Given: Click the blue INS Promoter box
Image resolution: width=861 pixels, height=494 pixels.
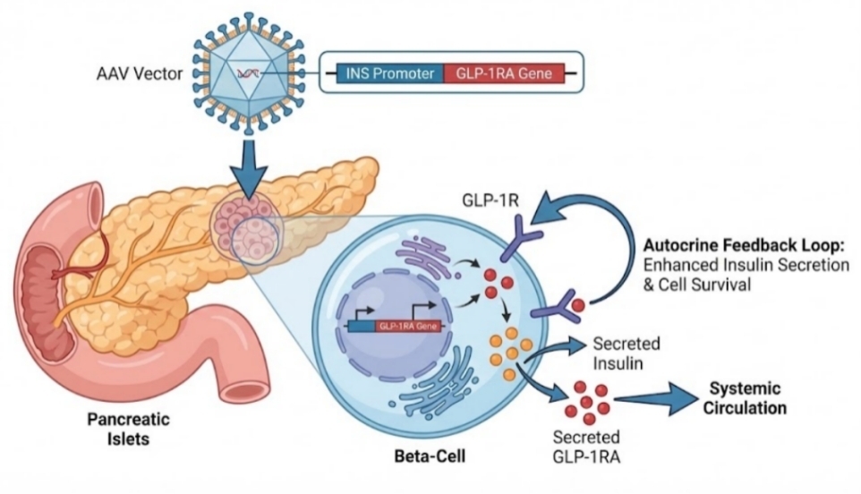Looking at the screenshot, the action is [389, 73].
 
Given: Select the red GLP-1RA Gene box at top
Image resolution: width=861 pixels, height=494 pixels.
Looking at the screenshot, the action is [504, 73].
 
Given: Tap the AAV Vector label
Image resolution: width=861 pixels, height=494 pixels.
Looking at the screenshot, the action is [140, 73].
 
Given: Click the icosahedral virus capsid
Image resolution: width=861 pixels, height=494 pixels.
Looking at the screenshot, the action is [249, 72].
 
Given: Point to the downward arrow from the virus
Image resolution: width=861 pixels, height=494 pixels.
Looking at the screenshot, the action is [249, 168].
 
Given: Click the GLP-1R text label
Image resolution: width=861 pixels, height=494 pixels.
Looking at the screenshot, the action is [490, 200].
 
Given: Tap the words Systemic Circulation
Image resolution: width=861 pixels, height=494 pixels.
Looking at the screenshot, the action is [745, 398].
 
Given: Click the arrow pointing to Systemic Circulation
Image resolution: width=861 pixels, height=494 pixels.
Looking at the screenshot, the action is [654, 401].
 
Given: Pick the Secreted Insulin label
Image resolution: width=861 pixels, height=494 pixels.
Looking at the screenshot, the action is [626, 353].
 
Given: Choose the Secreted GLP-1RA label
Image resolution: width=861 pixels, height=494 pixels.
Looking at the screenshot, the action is [586, 447].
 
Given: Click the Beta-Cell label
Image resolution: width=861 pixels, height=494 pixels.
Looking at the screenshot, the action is [430, 456].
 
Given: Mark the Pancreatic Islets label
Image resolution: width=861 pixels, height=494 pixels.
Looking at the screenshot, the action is [129, 429].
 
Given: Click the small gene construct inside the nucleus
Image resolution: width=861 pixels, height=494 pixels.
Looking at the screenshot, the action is [393, 326].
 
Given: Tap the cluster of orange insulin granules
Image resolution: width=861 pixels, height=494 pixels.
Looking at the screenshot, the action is [511, 353].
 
